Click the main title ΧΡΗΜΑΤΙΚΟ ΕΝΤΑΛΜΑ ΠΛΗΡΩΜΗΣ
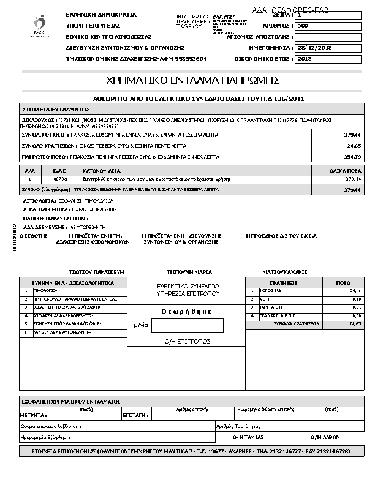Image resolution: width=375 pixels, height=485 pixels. [x=192, y=80]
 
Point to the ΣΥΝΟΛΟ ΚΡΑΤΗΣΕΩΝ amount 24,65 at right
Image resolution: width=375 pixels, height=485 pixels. [x=354, y=146]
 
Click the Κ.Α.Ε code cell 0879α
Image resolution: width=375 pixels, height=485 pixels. [x=59, y=179]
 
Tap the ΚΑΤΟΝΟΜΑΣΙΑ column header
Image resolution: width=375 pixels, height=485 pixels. [x=102, y=171]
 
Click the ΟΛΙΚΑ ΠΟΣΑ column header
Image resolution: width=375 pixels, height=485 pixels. [x=347, y=171]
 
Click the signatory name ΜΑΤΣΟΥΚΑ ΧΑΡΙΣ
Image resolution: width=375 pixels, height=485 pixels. [x=284, y=271]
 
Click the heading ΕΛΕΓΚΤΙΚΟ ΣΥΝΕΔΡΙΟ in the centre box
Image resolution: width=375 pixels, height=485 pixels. [x=188, y=286]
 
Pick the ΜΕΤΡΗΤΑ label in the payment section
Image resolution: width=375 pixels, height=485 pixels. [x=34, y=415]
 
